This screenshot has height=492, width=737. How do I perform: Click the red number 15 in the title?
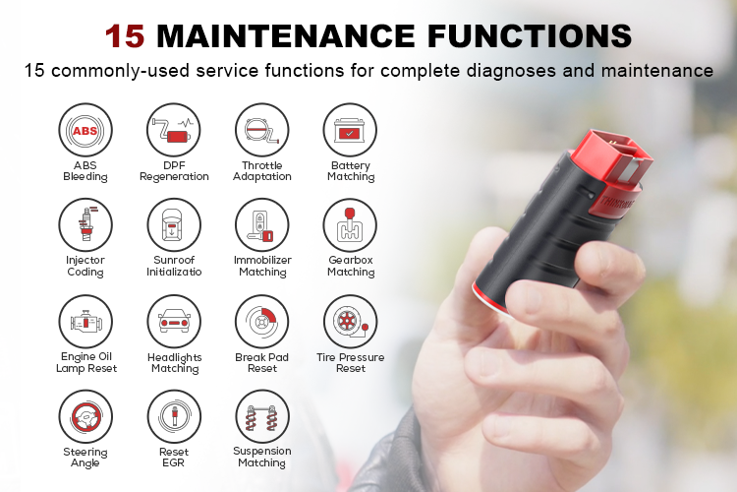[125, 35]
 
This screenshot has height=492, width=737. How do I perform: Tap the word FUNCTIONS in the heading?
[530, 35]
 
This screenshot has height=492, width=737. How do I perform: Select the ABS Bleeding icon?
[85, 130]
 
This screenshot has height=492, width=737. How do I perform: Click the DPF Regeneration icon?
[174, 130]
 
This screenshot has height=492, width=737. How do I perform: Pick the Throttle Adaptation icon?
[261, 130]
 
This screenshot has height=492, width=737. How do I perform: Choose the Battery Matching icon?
[350, 130]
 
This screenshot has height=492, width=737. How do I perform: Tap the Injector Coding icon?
[85, 225]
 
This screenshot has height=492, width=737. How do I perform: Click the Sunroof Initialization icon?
[174, 225]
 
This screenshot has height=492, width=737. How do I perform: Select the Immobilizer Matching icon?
[261, 225]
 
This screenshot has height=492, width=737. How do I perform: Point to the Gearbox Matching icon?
[350, 225]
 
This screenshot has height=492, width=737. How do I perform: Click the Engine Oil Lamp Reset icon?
[85, 322]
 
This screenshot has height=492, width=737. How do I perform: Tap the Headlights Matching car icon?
[174, 322]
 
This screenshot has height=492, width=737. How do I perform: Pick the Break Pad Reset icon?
[261, 322]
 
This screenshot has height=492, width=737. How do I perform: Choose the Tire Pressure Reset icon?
[350, 322]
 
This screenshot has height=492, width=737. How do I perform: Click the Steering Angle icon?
[85, 417]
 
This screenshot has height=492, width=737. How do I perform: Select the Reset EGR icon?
[174, 417]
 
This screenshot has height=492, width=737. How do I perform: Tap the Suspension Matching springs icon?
[261, 417]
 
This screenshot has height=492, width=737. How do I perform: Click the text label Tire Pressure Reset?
[350, 363]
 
